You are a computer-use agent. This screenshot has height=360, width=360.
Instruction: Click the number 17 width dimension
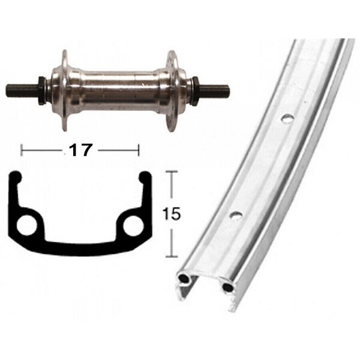click(80, 150)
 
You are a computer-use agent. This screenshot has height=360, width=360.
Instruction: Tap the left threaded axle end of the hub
click(22, 90)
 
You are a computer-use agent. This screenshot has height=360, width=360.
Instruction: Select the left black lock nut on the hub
click(41, 90)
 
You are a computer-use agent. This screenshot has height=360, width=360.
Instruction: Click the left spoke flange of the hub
click(65, 91)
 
